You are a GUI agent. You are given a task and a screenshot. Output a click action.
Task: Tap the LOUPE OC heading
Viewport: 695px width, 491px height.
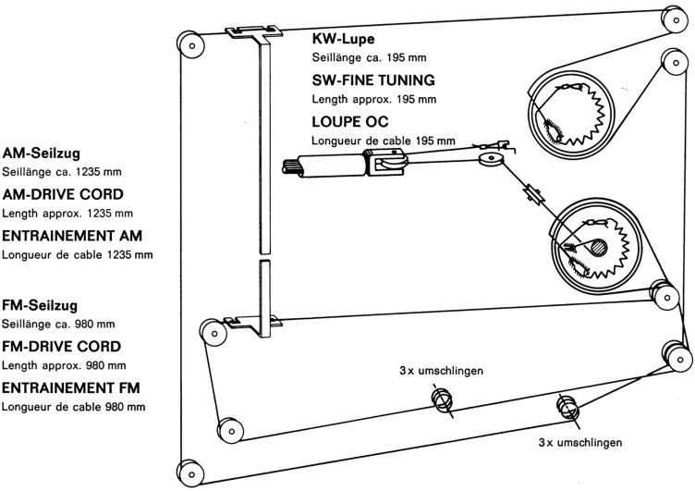point(349,121)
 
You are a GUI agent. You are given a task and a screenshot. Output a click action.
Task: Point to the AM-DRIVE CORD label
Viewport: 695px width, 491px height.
point(62,195)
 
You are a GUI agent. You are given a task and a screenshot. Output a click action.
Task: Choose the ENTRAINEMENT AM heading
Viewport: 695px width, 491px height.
point(72,235)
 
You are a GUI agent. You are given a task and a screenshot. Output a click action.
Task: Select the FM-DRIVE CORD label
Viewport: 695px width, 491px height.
point(61,347)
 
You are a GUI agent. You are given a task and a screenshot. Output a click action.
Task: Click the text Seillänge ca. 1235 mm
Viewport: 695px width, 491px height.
point(62,172)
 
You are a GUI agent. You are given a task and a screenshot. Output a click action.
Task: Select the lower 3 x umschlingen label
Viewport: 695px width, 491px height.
point(579,443)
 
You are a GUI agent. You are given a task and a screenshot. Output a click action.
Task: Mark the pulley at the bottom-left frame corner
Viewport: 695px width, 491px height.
point(191,471)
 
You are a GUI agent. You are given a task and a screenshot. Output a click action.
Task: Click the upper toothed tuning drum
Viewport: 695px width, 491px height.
point(571,116)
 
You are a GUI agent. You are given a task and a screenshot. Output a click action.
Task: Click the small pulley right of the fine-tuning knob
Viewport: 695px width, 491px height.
point(490,162)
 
